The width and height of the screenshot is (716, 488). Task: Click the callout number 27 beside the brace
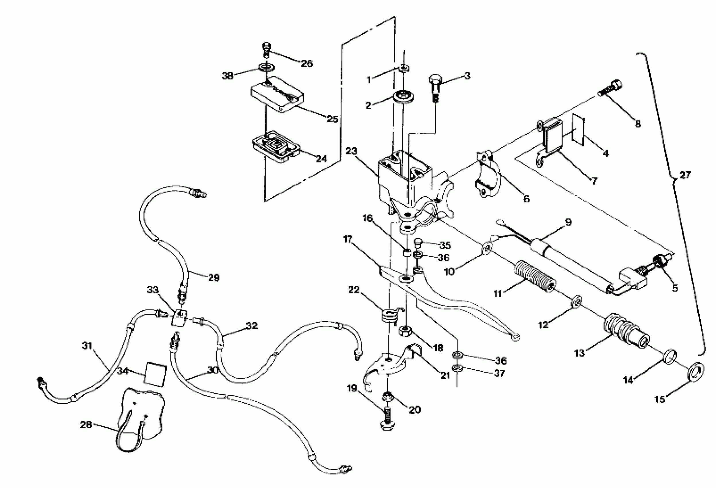(x=685, y=175)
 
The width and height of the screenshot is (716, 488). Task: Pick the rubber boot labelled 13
(x=625, y=335)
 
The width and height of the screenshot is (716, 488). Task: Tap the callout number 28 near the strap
(x=86, y=425)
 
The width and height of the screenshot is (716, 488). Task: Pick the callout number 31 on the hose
(x=87, y=346)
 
